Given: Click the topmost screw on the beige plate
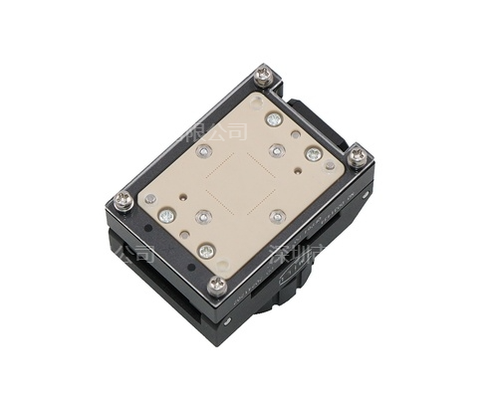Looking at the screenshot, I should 274,118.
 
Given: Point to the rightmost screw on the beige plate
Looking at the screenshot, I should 314,153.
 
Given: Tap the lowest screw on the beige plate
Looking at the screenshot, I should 206,251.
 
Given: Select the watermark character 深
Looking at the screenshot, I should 283,252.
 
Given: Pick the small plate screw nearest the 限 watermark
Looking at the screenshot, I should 204,150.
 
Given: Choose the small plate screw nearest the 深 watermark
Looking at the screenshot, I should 278,215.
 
